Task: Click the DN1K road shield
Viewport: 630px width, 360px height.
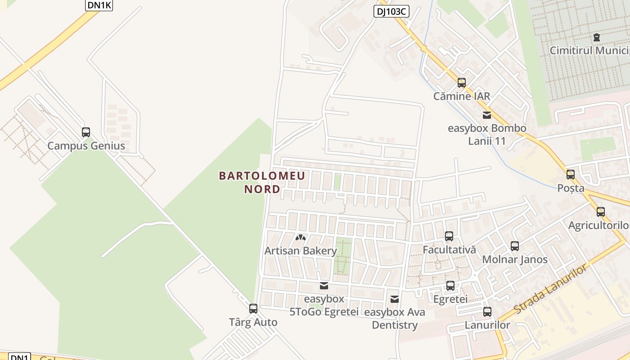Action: point(99,4)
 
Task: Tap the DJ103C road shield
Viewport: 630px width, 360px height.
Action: point(391,11)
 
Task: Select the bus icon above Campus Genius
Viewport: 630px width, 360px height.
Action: point(86,132)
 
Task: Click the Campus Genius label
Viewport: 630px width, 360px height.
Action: point(86,146)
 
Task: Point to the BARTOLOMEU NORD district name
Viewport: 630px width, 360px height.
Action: point(262,182)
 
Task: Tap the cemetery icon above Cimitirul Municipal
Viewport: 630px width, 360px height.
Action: point(597,37)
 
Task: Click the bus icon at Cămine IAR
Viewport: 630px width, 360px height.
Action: point(462,83)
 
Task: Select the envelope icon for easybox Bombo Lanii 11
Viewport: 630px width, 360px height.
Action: point(487,115)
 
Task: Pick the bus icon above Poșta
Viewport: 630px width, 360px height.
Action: point(571,175)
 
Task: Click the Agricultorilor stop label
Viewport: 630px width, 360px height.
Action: point(598,225)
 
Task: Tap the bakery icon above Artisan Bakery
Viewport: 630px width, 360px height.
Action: point(301,237)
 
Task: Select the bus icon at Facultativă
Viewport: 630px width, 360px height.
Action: point(449,236)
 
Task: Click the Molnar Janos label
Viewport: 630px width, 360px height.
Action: point(515,260)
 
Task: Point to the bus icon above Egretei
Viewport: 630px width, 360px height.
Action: point(450,286)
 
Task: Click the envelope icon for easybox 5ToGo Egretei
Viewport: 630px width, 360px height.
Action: point(324,286)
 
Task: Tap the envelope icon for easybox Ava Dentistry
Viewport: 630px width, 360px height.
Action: point(395,299)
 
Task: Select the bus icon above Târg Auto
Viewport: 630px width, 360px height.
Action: point(253,309)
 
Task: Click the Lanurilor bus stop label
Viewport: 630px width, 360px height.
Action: point(487,325)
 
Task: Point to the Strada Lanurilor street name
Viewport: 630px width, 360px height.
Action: point(551,289)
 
